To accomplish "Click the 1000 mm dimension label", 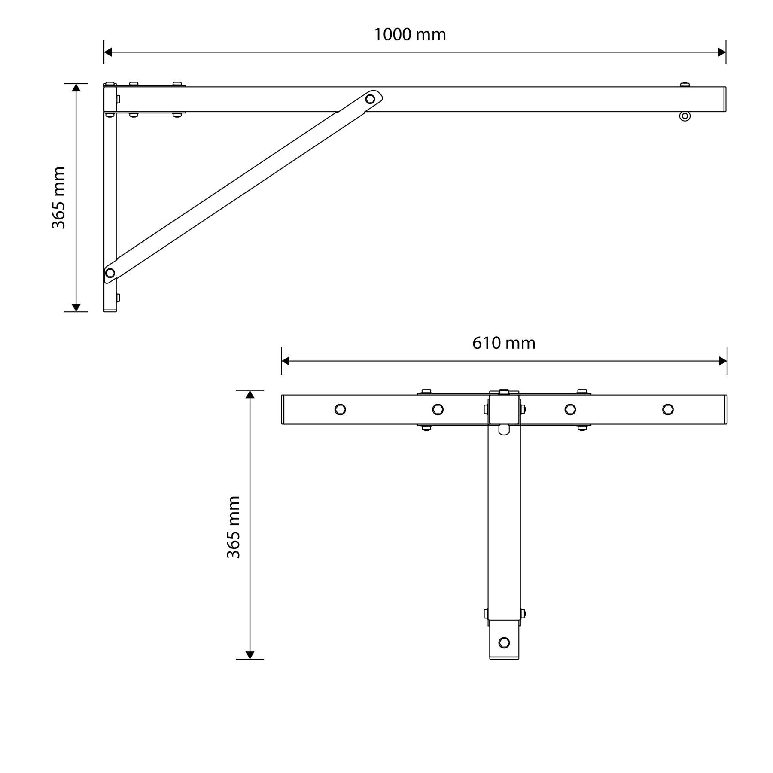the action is [x=410, y=35].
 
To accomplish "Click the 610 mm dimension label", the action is [x=504, y=343].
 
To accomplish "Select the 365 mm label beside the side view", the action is [x=58, y=198].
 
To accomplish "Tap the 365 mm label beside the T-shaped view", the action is [x=233, y=527].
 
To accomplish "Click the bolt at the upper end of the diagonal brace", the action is [x=370, y=99].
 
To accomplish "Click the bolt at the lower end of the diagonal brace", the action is [x=110, y=273].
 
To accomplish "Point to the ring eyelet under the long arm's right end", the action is [x=685, y=116].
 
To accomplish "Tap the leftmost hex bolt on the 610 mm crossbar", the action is [x=340, y=409].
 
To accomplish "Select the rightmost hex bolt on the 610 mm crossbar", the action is [x=668, y=409].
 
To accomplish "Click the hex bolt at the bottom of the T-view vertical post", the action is [x=504, y=642].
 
